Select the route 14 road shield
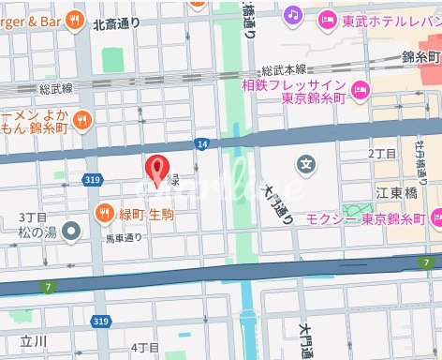[202, 143]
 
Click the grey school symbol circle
[306, 165]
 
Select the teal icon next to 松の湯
[72, 228]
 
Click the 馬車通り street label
[123, 238]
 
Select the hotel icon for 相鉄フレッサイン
[361, 90]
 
